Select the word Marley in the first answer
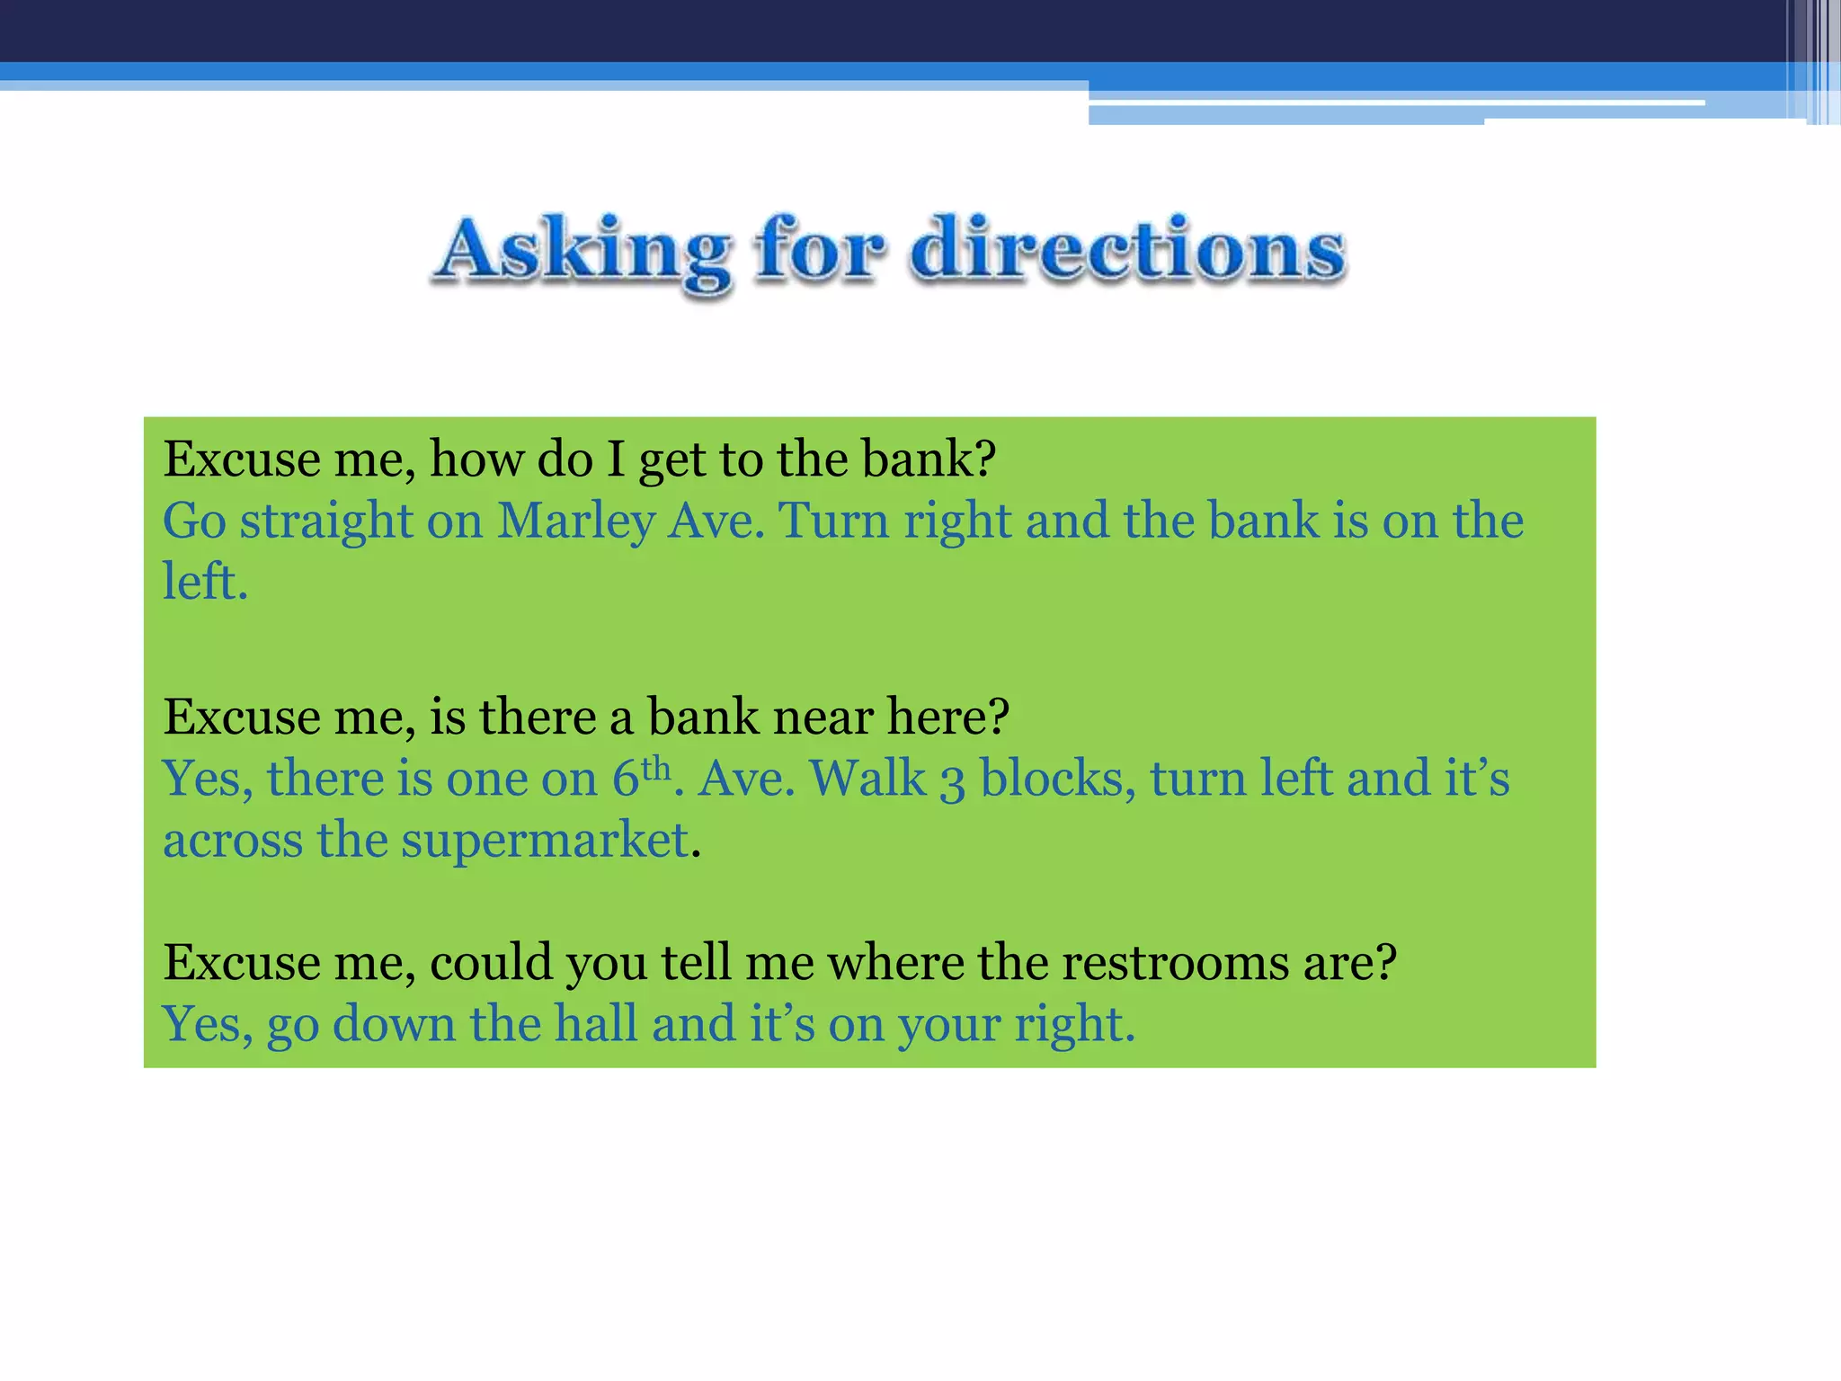[575, 521]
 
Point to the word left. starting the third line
[204, 582]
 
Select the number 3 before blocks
[952, 780]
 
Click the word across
[233, 842]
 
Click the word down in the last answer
[394, 1024]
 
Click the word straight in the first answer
[325, 522]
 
